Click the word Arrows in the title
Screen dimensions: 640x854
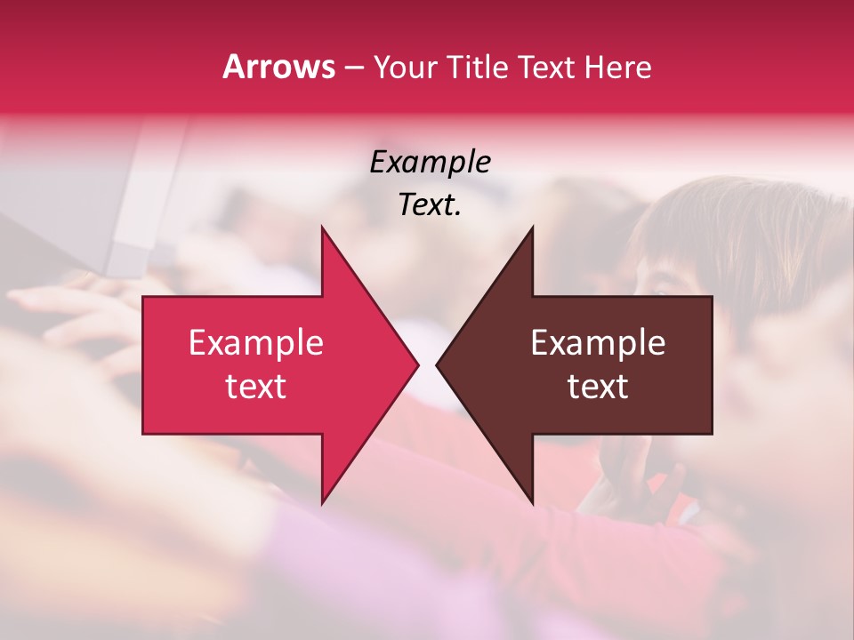279,67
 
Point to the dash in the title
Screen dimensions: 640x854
354,68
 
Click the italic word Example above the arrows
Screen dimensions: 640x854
430,162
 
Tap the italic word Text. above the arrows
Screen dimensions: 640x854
430,205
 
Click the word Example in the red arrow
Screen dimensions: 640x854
255,343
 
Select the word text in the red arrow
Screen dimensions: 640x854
255,387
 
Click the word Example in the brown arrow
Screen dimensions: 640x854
598,343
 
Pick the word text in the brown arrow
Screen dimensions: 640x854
598,387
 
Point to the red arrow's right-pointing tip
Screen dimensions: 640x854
416,364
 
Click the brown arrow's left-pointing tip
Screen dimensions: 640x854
438,364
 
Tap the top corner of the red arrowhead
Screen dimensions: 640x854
322,228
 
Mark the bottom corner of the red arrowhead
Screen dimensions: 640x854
322,503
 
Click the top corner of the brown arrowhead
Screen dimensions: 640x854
532,228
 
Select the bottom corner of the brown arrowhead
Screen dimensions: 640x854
532,503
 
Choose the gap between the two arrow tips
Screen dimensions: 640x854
427,364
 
